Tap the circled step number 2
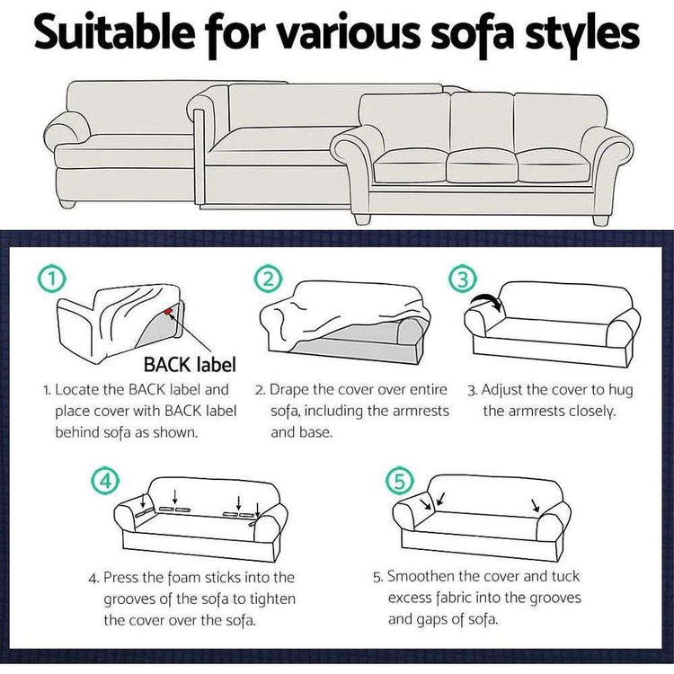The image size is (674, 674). [268, 279]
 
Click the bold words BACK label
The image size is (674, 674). [190, 365]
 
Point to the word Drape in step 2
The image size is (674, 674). [289, 391]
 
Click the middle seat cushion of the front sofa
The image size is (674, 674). [481, 164]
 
